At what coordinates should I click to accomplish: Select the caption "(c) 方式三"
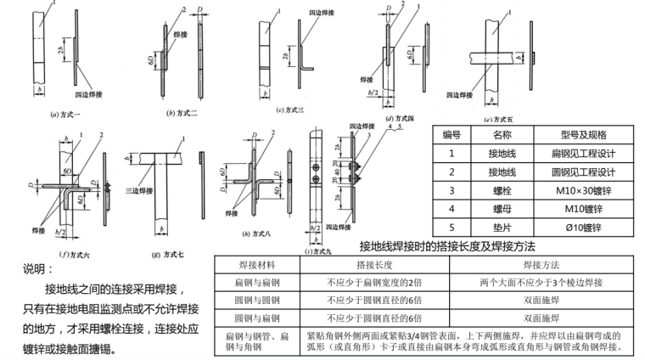pyautogui.click(x=292, y=110)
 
